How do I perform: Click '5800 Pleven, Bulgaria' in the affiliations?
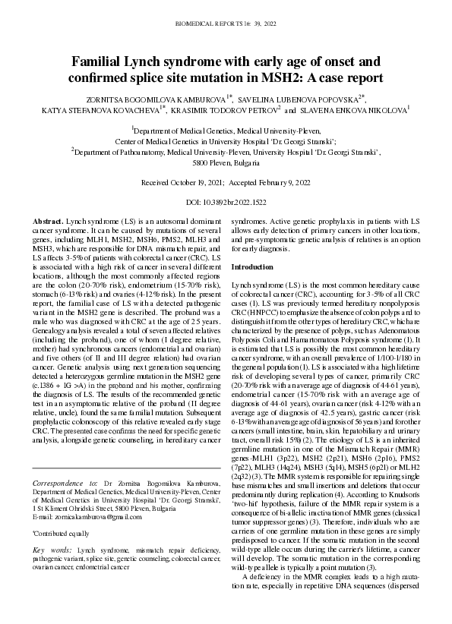click(x=226, y=162)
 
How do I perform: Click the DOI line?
click(x=226, y=203)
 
